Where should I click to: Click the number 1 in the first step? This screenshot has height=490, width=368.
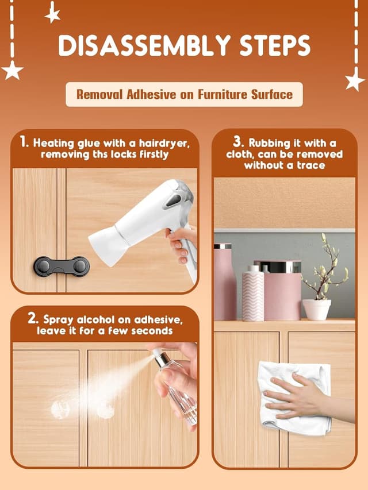tap(24, 142)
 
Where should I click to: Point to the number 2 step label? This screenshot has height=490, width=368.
tap(32, 318)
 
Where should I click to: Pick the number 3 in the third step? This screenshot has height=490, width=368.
tap(238, 141)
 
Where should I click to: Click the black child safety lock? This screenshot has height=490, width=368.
tap(62, 266)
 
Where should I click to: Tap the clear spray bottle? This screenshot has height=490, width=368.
tap(175, 385)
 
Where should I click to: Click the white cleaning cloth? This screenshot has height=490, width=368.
tap(293, 396)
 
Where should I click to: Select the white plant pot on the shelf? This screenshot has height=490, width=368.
tap(316, 309)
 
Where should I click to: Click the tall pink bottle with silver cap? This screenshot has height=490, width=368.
tap(225, 281)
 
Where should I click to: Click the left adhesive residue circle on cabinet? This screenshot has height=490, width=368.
tap(60, 410)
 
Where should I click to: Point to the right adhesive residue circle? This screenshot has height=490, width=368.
tap(105, 410)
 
